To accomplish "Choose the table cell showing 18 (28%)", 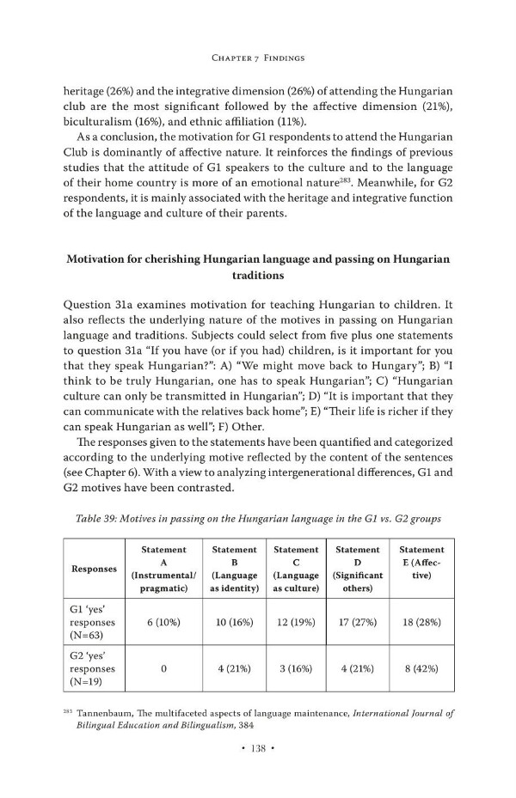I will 421,622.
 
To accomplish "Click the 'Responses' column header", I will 94,569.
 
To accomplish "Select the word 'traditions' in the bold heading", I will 258,277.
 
